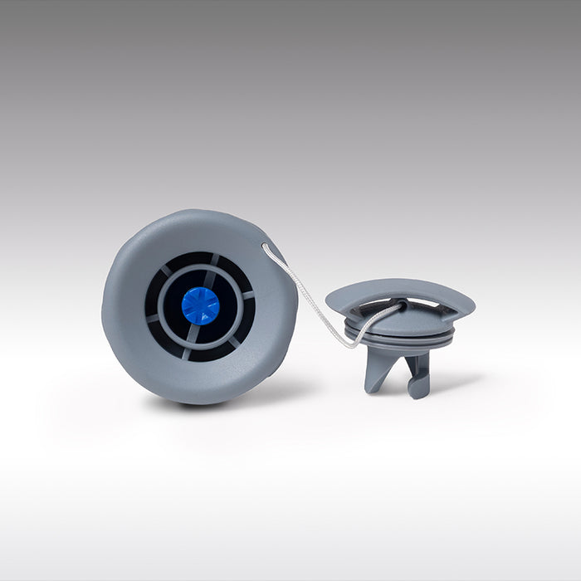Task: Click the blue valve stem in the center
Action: point(200,305)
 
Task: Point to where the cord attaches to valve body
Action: point(265,245)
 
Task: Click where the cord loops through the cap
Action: point(397,308)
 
